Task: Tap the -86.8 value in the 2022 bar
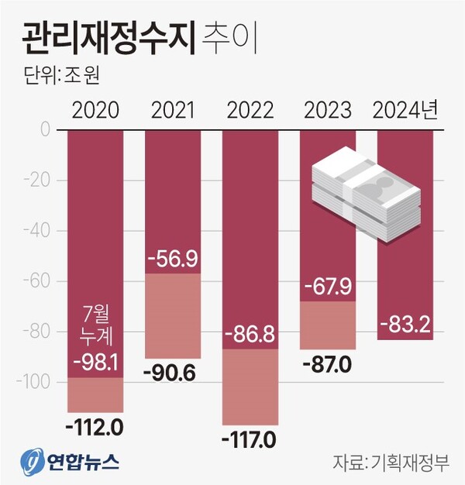250,335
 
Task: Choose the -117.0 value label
250,440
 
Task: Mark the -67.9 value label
327,287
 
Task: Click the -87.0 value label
327,363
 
